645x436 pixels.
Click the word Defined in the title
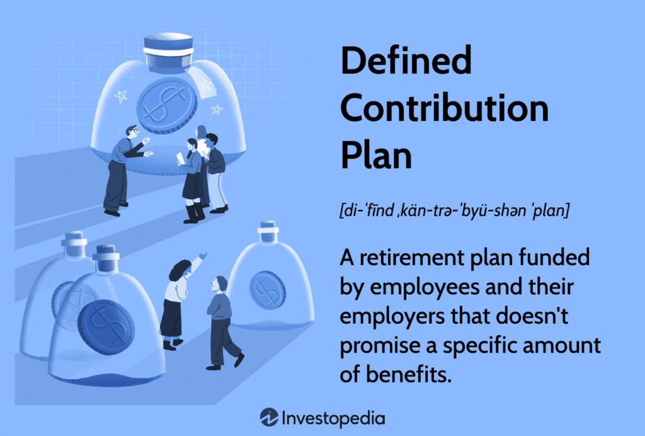tap(406, 60)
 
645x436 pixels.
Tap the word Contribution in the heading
tap(444, 108)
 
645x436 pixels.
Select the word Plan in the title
tap(376, 155)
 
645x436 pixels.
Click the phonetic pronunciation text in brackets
tap(455, 210)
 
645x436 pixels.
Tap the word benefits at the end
tap(408, 374)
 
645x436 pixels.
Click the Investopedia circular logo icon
tap(270, 418)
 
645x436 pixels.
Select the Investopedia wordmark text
tap(334, 419)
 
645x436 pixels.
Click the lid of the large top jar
tap(168, 50)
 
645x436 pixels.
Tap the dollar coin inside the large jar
tap(166, 105)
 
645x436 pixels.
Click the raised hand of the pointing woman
tap(202, 256)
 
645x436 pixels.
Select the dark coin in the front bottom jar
tap(106, 327)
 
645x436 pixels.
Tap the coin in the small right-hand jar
tap(267, 290)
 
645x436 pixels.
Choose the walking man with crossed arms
tap(222, 323)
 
